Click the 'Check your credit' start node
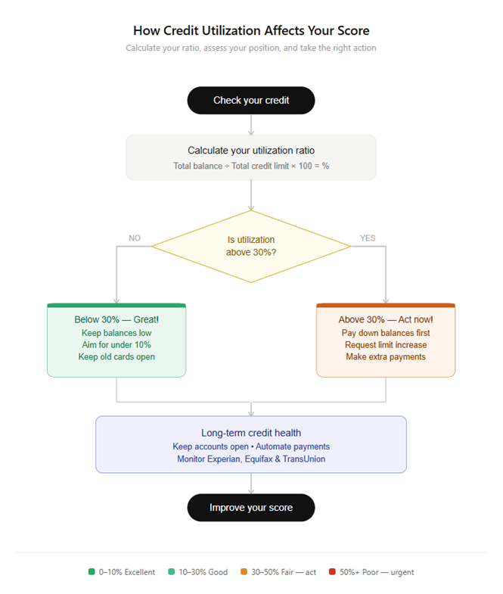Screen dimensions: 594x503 tap(251, 100)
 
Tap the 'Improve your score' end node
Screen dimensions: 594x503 tap(251, 507)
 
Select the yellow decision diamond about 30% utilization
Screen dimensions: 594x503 tap(251, 246)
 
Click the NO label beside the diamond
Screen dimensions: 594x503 tap(135, 238)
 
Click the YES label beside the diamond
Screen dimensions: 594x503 tap(368, 238)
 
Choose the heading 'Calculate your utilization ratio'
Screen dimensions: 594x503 tap(251, 151)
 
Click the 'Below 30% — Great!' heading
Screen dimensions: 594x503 tap(116, 319)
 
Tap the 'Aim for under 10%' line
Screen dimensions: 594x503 tap(116, 345)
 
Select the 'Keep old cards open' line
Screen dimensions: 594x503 tap(116, 357)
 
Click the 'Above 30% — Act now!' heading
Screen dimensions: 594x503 tap(386, 319)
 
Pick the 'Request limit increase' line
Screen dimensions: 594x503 tap(386, 345)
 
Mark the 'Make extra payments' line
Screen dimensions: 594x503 tap(386, 357)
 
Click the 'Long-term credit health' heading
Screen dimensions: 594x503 tap(251, 433)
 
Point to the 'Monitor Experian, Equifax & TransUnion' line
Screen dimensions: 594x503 tap(251, 459)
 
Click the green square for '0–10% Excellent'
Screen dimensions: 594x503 tap(92, 572)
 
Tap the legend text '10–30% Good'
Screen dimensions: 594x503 tap(203, 572)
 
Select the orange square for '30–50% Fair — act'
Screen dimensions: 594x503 tap(244, 572)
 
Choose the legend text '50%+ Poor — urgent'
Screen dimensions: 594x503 tap(377, 572)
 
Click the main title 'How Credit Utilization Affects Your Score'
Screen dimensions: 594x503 tap(251, 31)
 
